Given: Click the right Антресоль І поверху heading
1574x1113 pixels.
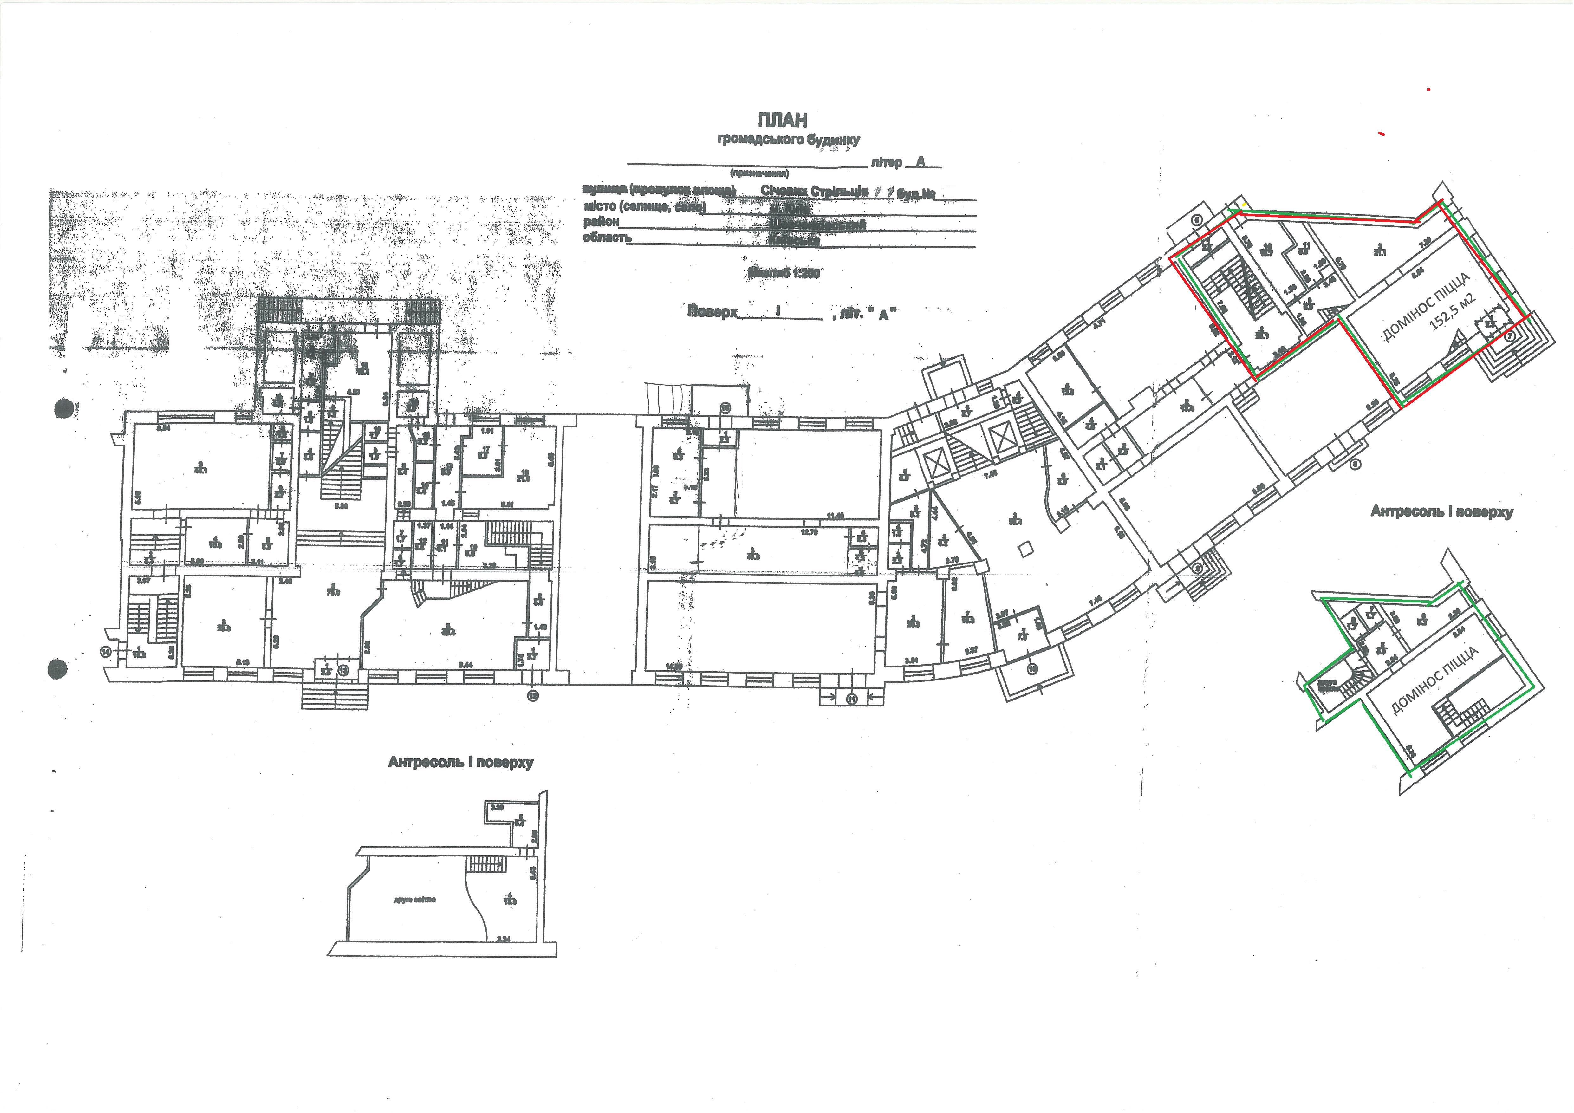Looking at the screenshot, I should tap(1441, 512).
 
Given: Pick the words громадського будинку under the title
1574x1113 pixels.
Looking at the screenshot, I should tap(788, 140).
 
